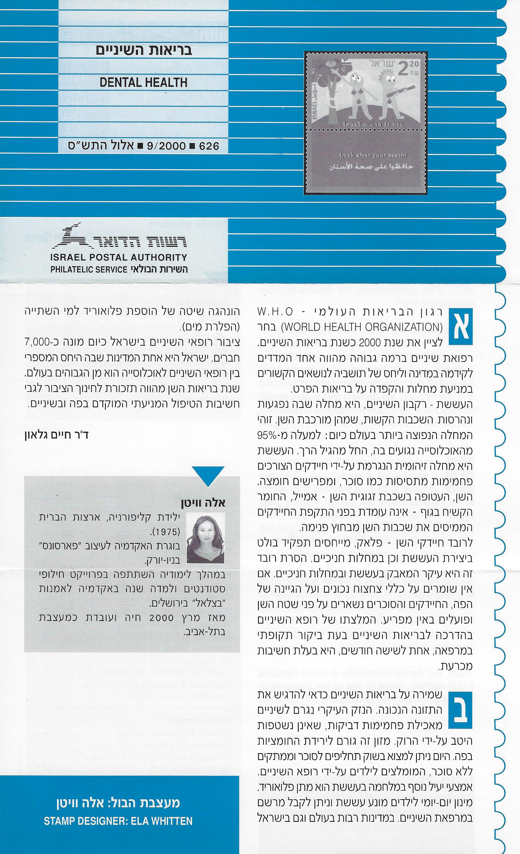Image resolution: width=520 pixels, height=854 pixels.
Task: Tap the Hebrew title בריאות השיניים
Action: pyautogui.click(x=144, y=51)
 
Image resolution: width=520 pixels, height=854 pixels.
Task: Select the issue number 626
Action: pyautogui.click(x=209, y=146)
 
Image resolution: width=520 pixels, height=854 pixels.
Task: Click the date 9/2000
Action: pyautogui.click(x=167, y=146)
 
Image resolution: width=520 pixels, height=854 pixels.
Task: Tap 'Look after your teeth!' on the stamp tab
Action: pyautogui.click(x=373, y=155)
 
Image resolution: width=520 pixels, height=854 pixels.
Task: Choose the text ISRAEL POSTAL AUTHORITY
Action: pyautogui.click(x=118, y=257)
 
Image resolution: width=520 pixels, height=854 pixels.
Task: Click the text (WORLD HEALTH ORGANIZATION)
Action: pyautogui.click(x=361, y=327)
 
